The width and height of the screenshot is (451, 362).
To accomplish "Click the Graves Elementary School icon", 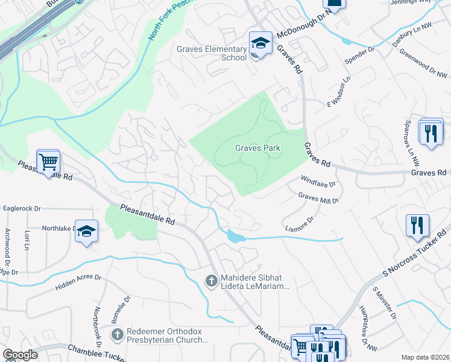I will [x=260, y=43].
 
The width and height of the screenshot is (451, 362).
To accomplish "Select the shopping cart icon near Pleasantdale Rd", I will [x=48, y=162].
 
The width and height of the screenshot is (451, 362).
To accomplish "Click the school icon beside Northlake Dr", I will [x=86, y=232].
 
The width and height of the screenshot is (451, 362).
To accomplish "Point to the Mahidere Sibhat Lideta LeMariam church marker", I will [x=211, y=280].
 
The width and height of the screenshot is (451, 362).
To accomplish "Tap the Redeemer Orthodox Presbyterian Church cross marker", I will [x=118, y=334].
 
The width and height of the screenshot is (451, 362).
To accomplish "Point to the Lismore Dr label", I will [x=300, y=223].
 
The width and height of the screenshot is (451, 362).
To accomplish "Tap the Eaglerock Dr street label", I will [x=22, y=208].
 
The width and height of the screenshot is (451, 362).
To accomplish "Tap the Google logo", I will [x=20, y=355].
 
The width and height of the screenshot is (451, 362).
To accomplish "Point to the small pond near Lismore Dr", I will [x=235, y=237].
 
